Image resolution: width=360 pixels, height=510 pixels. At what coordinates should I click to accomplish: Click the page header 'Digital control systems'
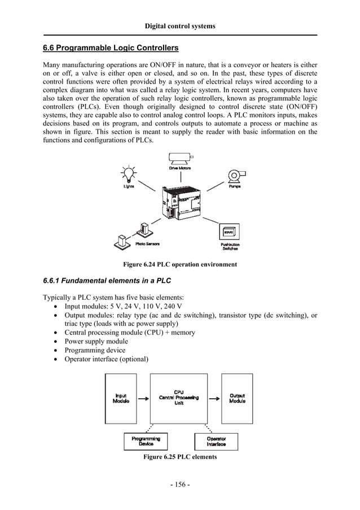click(180, 26)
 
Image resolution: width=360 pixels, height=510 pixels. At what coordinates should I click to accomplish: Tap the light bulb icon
click(129, 173)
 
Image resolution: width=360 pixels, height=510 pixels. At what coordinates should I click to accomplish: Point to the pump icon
click(234, 176)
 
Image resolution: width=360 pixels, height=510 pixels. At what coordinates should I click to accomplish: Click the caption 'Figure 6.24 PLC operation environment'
click(180, 264)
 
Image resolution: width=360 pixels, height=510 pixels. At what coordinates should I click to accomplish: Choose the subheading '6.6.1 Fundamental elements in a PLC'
click(107, 281)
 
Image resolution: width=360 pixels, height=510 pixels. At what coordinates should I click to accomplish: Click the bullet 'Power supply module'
click(96, 341)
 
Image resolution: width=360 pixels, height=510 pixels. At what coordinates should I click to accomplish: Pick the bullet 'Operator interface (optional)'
click(106, 359)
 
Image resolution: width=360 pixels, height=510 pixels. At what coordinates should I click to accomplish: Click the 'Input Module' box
click(121, 398)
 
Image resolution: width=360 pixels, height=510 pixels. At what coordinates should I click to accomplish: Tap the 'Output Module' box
click(237, 398)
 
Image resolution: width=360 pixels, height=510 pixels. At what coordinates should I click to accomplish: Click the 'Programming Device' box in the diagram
click(146, 441)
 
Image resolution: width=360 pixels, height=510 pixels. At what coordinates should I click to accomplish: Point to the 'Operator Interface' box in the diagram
click(217, 441)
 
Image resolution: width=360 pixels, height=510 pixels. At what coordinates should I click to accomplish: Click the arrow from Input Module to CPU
click(143, 398)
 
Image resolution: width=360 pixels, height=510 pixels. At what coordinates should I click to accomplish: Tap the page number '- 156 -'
click(180, 485)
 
